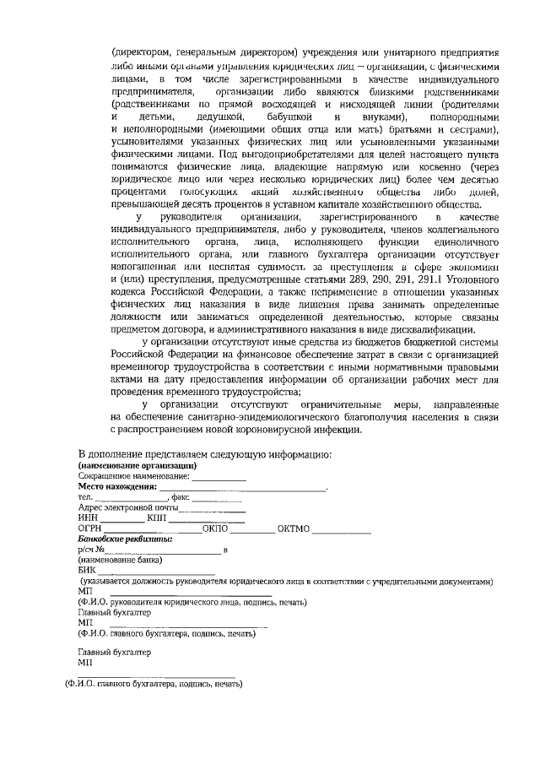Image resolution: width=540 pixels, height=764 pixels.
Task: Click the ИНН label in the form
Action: coord(86,517)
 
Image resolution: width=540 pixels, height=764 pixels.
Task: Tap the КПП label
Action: coord(157,517)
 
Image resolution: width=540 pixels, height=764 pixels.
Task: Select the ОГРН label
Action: coord(90,528)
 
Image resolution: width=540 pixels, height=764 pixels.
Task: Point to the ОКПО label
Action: coord(216,528)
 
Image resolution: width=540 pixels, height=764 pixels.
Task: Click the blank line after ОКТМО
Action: coord(342,529)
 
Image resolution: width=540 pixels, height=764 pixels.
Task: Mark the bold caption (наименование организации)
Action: coord(137,465)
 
